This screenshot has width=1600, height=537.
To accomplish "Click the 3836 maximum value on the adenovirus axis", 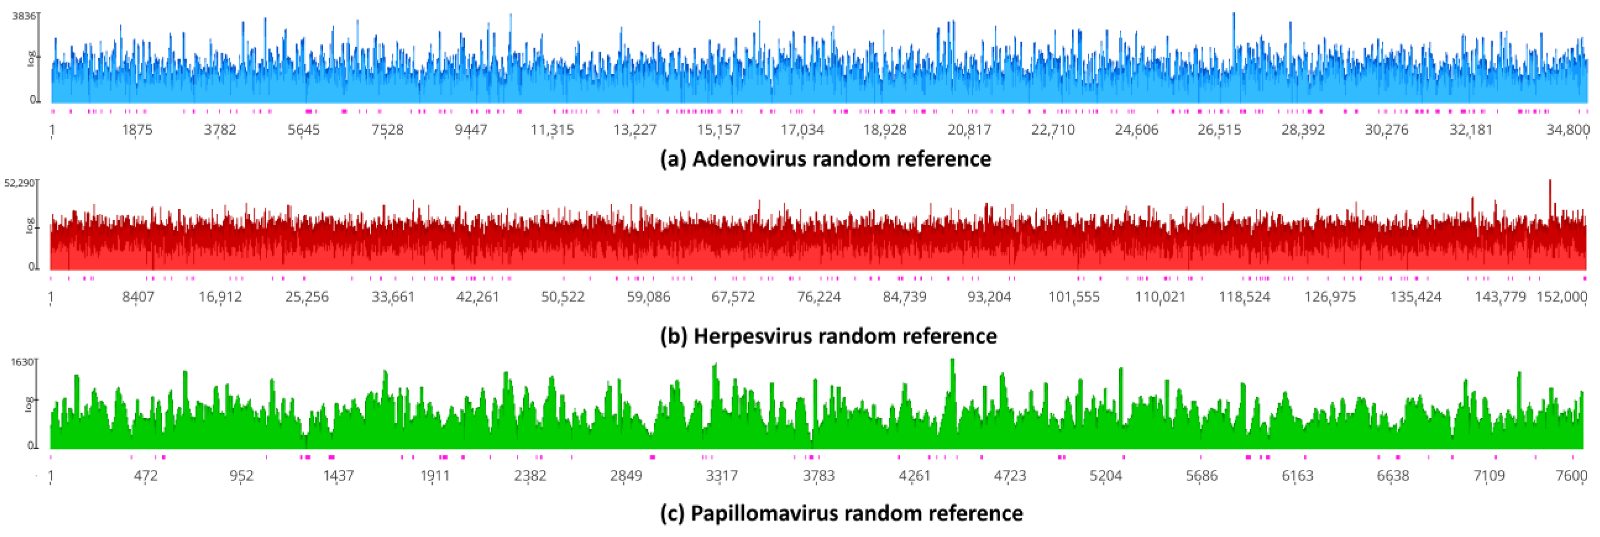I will [23, 16].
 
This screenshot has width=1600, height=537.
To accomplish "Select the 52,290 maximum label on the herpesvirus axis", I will [19, 183].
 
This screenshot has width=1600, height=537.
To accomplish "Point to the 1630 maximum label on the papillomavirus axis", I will [22, 362].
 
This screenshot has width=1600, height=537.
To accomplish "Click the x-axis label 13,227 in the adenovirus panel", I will [635, 130].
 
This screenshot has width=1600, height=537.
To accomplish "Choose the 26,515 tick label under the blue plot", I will [1219, 130].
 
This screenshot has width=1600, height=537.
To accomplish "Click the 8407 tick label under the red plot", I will [138, 297].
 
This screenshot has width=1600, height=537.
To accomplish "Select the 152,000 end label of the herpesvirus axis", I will [1561, 297].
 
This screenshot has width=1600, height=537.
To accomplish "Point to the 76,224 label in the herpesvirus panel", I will [819, 297].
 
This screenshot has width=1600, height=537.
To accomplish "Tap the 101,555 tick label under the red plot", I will [1074, 297].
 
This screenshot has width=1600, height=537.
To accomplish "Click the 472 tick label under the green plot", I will [146, 476].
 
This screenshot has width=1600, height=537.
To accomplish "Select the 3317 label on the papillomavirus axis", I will [722, 476].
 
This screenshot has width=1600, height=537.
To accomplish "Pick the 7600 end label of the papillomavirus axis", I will [1572, 476].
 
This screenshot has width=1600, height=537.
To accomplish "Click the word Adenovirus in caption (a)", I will [749, 159].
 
